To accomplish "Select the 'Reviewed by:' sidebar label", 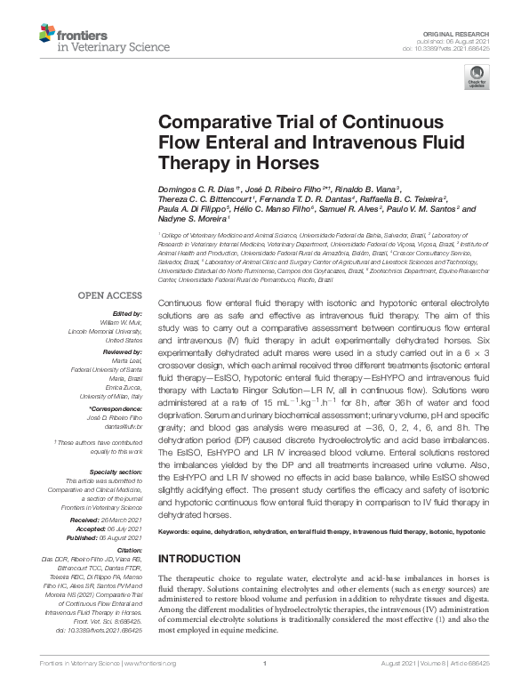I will click(x=121, y=353).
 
